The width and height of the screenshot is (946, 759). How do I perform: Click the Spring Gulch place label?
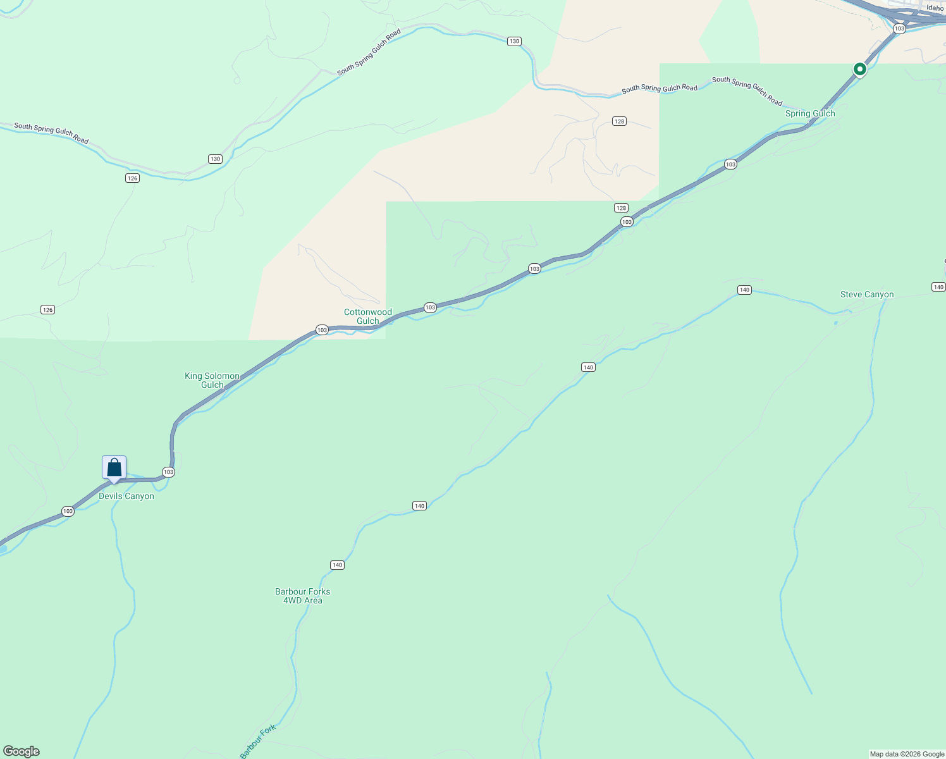click(x=809, y=114)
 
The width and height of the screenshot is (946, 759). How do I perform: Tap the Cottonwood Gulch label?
click(x=368, y=316)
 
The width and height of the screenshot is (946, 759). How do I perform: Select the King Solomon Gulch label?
click(x=212, y=380)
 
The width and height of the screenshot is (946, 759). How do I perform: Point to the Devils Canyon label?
click(x=126, y=497)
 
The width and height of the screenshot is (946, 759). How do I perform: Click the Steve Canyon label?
click(x=866, y=295)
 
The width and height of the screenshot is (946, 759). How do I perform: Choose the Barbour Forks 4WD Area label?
click(x=302, y=596)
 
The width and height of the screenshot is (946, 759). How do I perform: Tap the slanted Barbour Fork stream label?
click(x=258, y=741)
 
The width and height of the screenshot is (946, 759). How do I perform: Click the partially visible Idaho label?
click(x=935, y=8)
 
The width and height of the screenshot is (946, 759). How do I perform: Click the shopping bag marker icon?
click(x=114, y=468)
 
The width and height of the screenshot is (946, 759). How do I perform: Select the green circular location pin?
click(x=859, y=68)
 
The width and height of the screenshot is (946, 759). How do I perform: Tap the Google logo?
click(x=21, y=751)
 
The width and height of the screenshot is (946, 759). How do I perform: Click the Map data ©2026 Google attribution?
click(x=907, y=754)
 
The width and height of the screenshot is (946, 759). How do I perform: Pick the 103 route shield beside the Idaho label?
click(x=899, y=28)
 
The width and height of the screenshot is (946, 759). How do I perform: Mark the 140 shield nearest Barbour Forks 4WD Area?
click(x=337, y=565)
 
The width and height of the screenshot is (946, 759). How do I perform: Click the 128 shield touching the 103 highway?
click(x=621, y=208)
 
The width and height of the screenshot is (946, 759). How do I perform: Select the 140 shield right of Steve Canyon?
click(x=938, y=287)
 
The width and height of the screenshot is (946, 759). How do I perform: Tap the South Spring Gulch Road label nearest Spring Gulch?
click(x=747, y=91)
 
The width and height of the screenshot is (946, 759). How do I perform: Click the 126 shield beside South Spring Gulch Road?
click(x=132, y=178)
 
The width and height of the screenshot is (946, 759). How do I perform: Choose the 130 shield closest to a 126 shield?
click(x=216, y=159)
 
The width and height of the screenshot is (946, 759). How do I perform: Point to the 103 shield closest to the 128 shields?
click(x=627, y=221)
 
